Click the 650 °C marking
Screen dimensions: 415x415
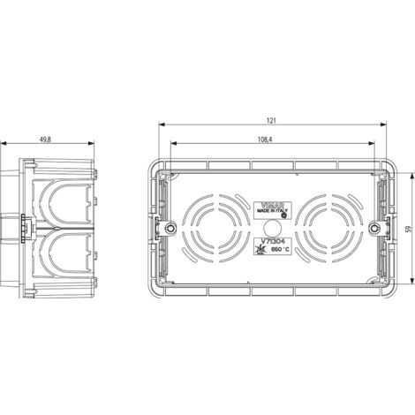point(277,252)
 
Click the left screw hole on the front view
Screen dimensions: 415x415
point(166,228)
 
